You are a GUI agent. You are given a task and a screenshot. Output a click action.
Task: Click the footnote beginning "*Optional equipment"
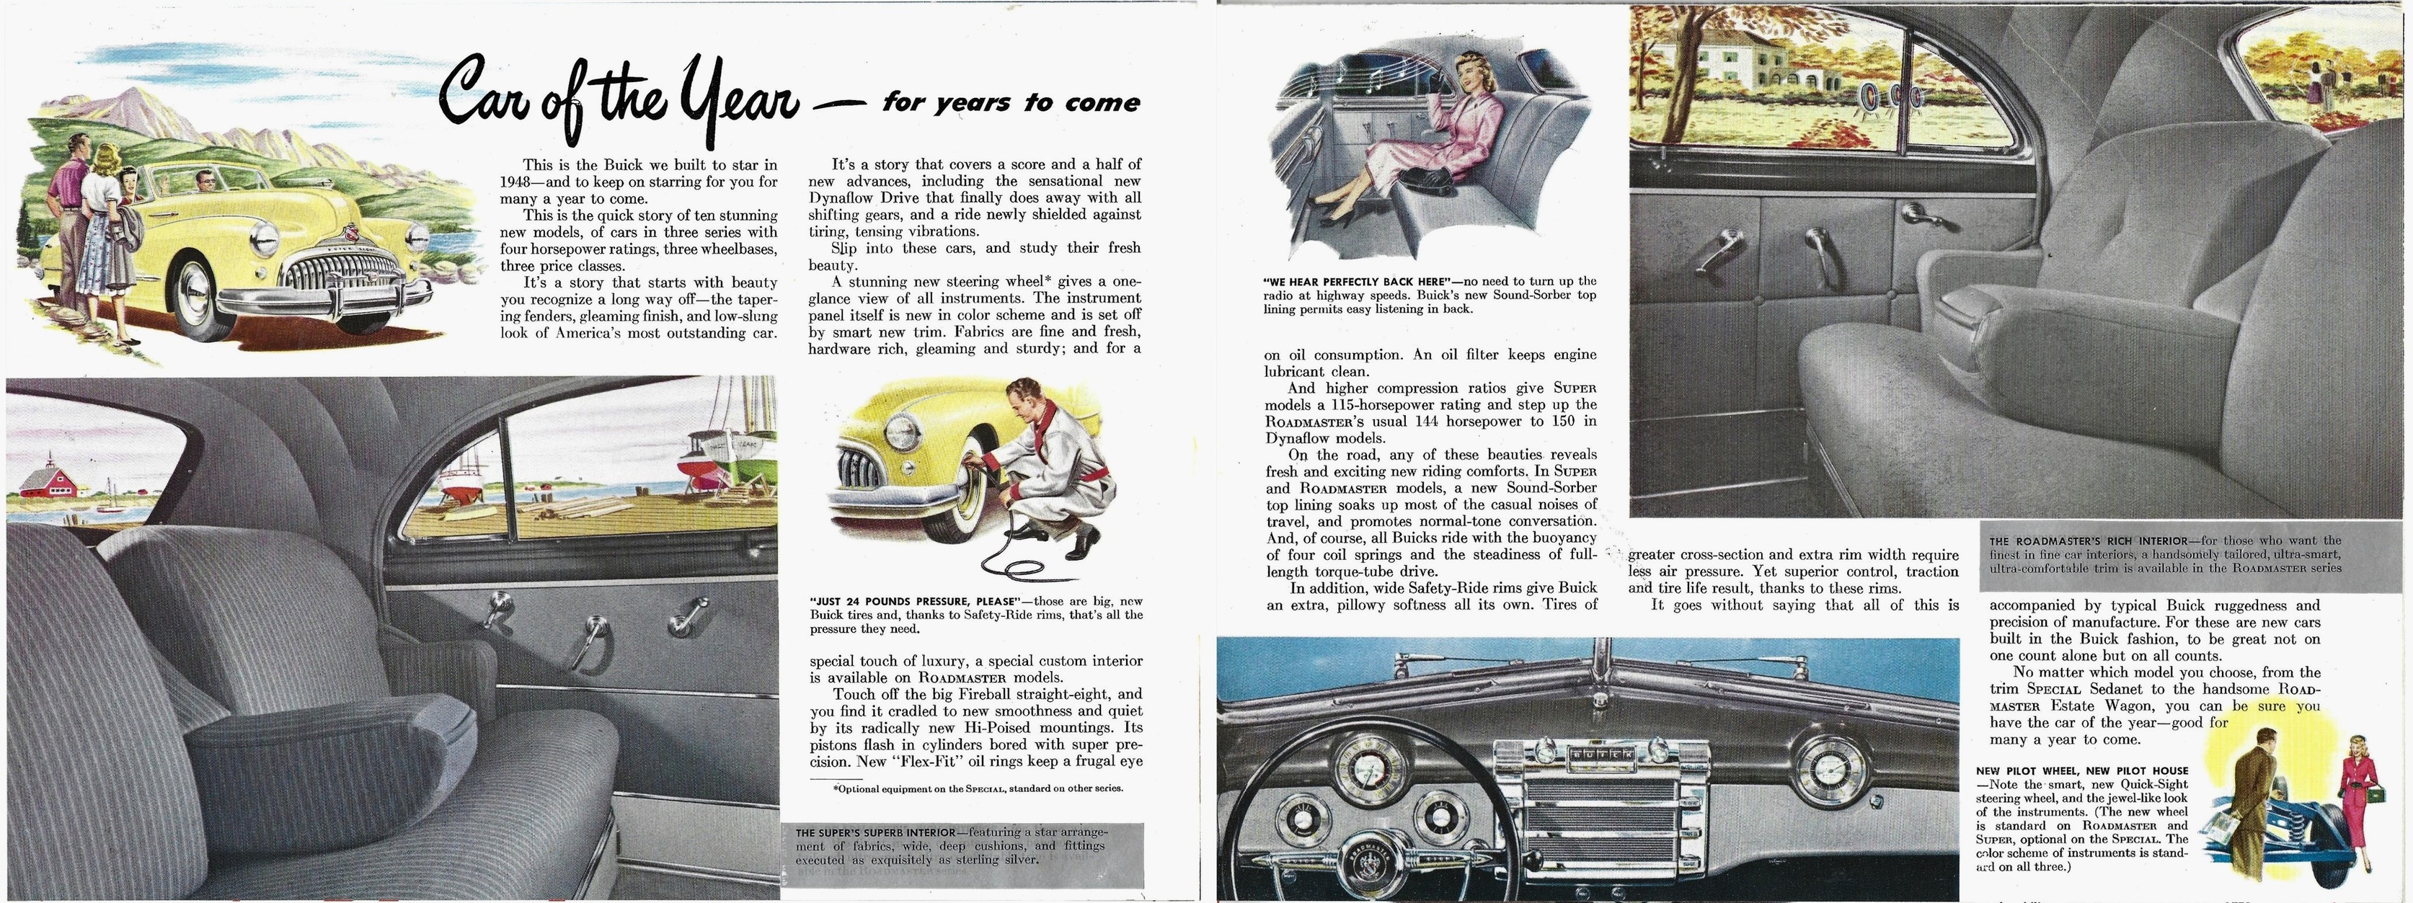[978, 788]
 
